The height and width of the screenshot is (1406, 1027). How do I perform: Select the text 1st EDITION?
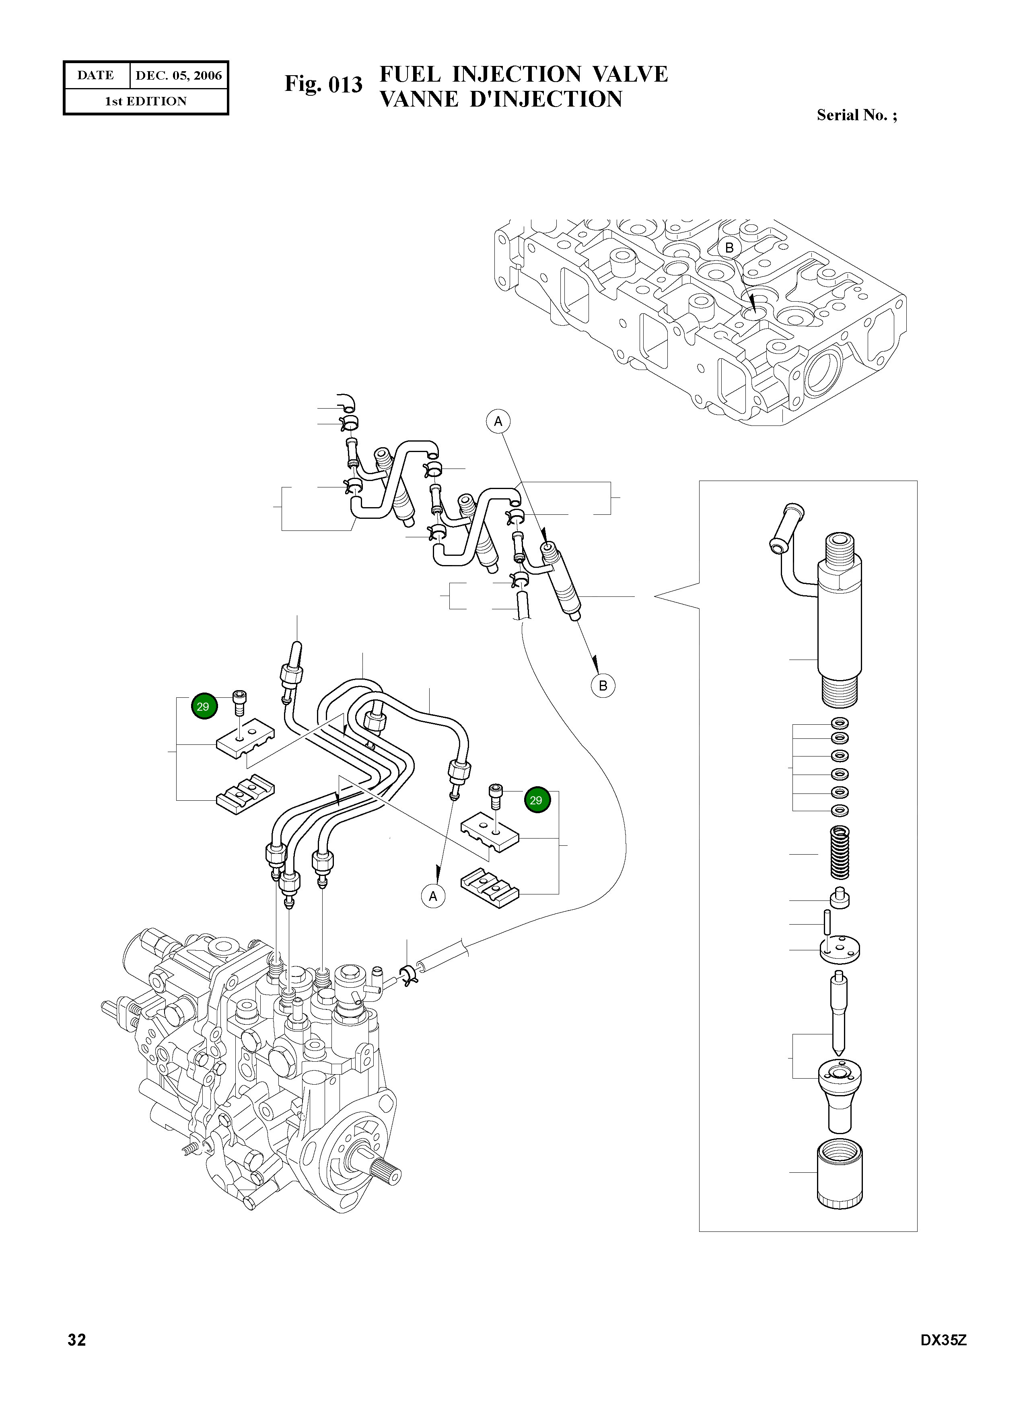pos(146,101)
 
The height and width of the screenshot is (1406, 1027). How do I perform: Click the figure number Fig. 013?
pos(323,84)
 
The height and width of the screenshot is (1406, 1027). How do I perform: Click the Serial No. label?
pos(856,115)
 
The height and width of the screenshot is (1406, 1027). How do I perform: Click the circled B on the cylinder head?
pos(729,247)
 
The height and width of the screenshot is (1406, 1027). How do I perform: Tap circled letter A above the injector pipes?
pos(498,421)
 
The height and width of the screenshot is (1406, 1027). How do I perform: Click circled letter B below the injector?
pos(602,686)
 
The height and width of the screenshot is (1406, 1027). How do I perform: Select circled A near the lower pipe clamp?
pos(433,896)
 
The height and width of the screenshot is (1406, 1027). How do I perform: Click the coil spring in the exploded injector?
pos(840,852)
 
